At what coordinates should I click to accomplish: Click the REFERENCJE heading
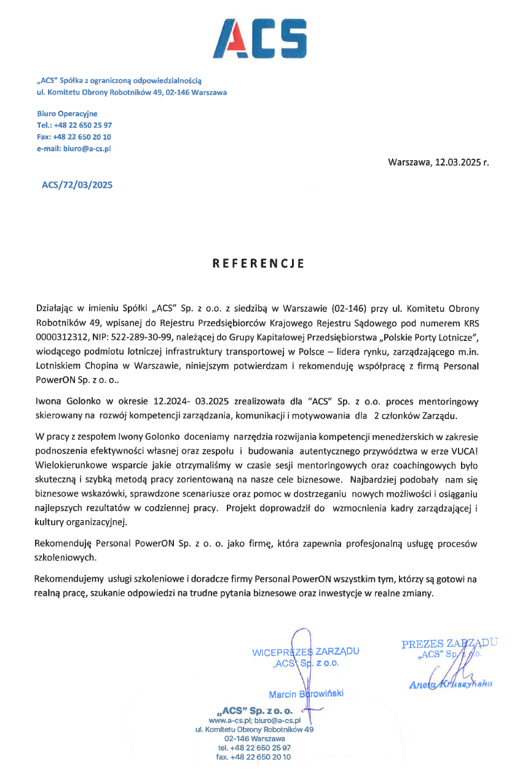[259, 263]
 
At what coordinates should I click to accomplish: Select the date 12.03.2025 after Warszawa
[459, 163]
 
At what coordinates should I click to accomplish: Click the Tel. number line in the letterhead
[74, 125]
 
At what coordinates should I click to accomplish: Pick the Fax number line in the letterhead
[74, 137]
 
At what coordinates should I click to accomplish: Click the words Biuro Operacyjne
[66, 113]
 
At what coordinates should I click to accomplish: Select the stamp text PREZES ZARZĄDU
[449, 644]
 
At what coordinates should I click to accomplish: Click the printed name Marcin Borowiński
[305, 694]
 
